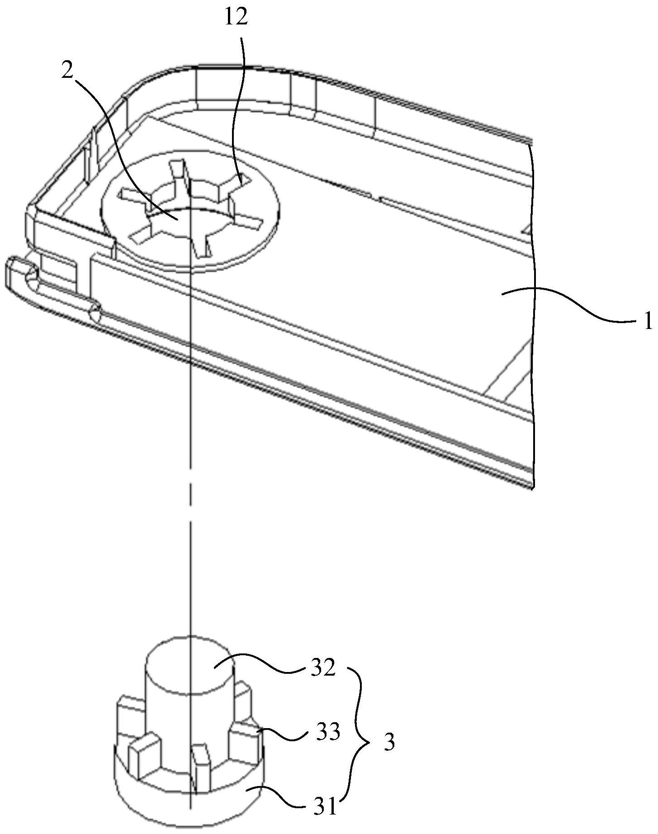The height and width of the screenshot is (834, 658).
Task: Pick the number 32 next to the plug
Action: (x=322, y=667)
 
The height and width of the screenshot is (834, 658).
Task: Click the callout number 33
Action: (x=327, y=732)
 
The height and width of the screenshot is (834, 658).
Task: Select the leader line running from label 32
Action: (x=258, y=662)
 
